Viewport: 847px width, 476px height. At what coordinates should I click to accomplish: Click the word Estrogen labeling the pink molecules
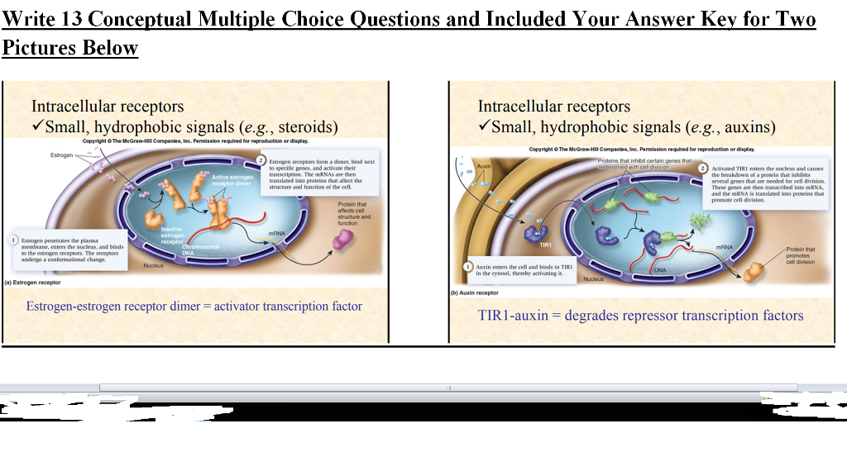click(x=61, y=155)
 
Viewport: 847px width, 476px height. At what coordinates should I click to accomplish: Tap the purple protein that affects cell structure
click(x=342, y=240)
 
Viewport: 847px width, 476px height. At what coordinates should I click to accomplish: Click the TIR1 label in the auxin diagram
click(x=545, y=245)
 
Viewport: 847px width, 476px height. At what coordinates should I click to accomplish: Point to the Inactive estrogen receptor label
click(x=171, y=235)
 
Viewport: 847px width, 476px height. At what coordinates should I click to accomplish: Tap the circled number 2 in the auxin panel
click(x=704, y=168)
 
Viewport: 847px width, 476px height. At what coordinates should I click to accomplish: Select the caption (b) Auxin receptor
click(x=475, y=293)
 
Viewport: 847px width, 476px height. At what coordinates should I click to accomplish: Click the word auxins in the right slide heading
click(x=748, y=127)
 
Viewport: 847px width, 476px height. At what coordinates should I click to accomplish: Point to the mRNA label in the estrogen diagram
click(x=276, y=234)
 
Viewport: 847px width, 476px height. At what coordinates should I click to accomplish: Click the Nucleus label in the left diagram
click(x=153, y=265)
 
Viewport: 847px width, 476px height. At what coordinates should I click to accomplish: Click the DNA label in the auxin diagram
click(x=660, y=270)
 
